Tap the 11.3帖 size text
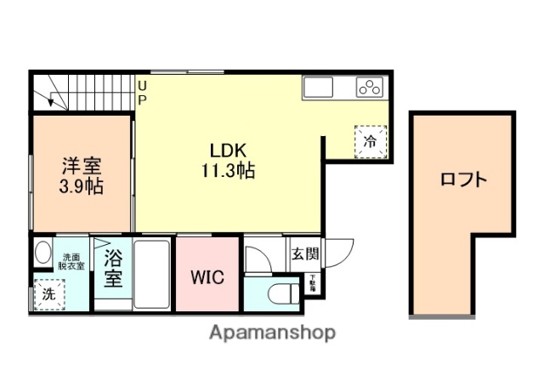pyautogui.click(x=227, y=169)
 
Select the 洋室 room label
pyautogui.click(x=82, y=164)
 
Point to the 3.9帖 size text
pyautogui.click(x=82, y=186)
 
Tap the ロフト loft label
pyautogui.click(x=463, y=179)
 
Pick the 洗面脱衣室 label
pyautogui.click(x=71, y=261)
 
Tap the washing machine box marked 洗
pyautogui.click(x=48, y=294)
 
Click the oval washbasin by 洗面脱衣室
pyautogui.click(x=42, y=253)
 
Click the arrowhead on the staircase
pyautogui.click(x=50, y=101)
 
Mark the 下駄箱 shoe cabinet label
pyautogui.click(x=312, y=284)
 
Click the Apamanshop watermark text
pyautogui.click(x=272, y=333)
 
